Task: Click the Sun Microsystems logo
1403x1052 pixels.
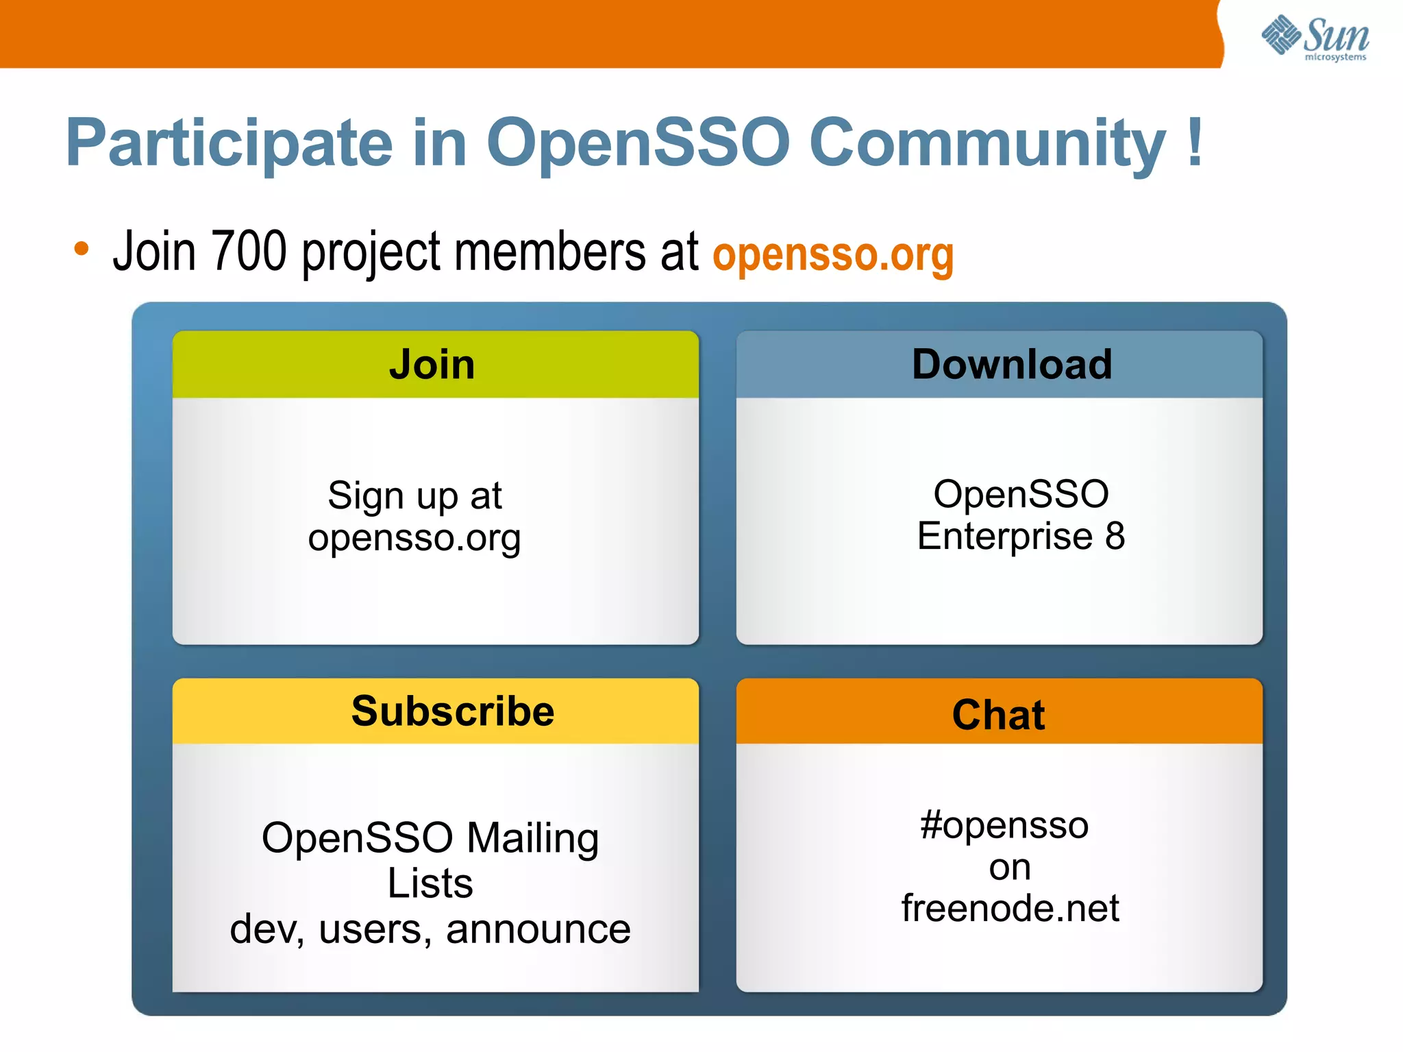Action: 1315,38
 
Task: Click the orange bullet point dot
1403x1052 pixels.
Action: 82,249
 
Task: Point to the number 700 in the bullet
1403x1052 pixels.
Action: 248,251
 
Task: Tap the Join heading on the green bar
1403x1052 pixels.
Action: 432,364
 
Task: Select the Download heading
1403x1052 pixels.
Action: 1012,364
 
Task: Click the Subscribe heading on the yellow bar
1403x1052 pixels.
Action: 453,711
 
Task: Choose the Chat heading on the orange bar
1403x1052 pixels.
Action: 998,715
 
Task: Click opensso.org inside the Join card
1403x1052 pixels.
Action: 414,538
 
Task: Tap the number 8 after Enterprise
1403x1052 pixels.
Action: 1115,536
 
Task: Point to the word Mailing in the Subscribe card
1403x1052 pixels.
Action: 532,838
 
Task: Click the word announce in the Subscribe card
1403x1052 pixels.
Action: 538,929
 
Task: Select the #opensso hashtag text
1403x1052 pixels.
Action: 1004,825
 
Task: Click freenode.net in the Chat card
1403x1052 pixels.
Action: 1010,908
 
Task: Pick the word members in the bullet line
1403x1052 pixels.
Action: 550,251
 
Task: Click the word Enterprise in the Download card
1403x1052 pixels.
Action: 1004,536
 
